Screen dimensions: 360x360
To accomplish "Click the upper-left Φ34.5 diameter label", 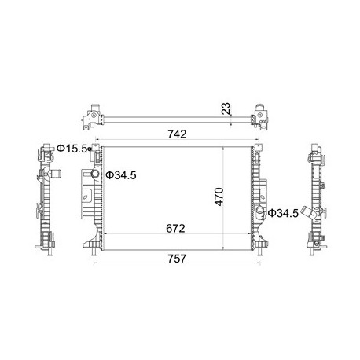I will (x=121, y=174).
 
